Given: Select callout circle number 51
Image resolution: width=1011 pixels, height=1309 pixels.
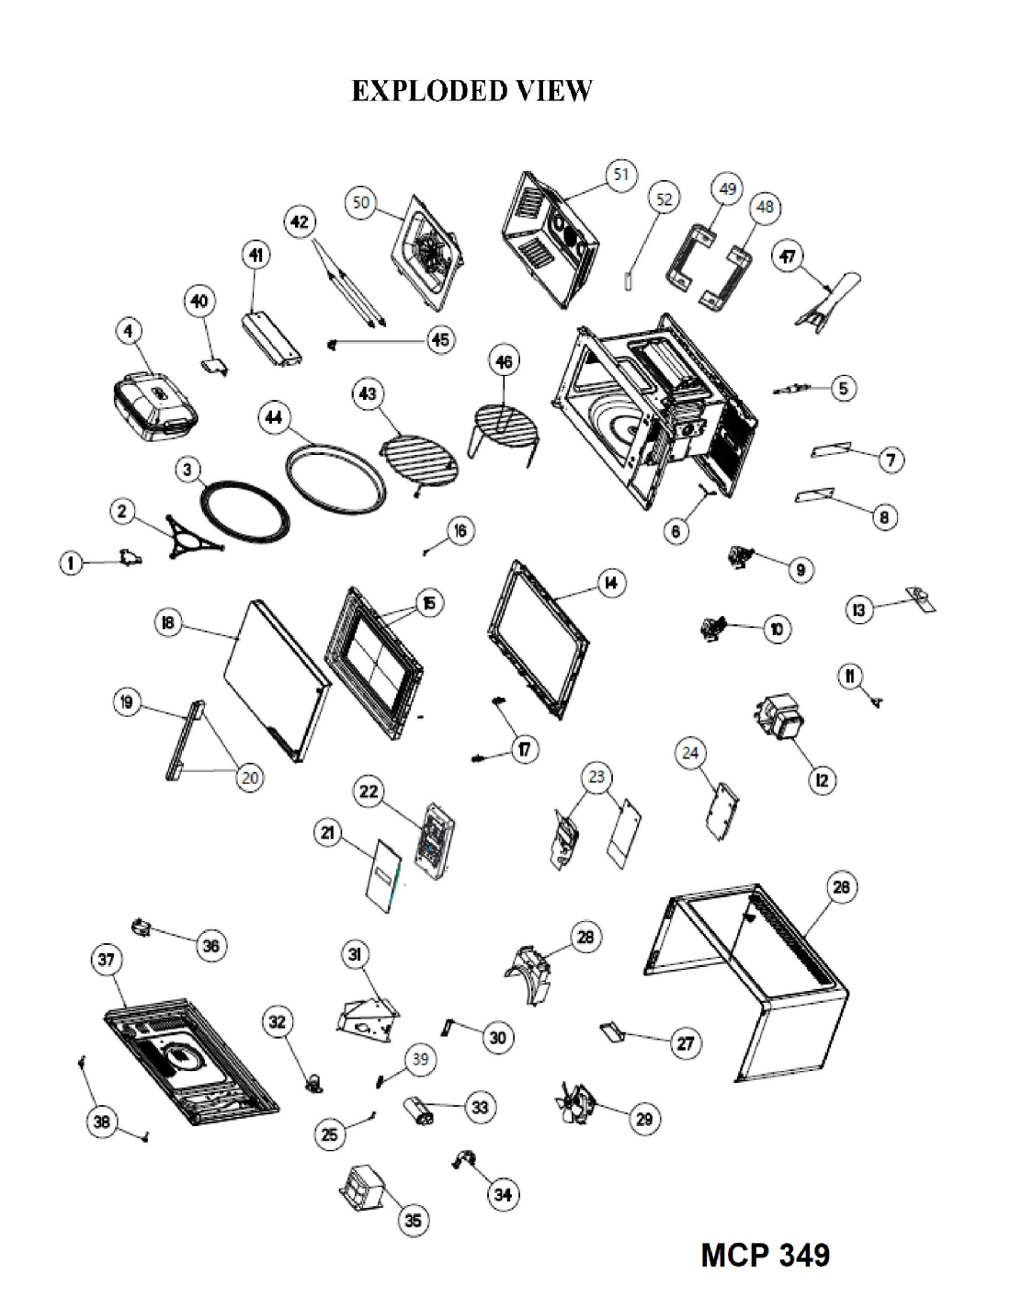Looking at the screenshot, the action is pos(620,176).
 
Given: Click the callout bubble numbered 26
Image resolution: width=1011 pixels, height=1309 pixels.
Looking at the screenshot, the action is pos(841,887).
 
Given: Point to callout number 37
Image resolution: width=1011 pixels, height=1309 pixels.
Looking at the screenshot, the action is pos(107,959).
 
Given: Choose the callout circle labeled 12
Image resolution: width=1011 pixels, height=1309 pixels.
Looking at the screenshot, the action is pos(822,780).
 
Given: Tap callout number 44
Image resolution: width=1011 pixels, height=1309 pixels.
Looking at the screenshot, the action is pos(274,417).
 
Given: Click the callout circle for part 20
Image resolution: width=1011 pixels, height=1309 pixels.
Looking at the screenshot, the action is pos(250,778).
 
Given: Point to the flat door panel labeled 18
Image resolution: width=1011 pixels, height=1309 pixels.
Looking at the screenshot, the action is pos(276,679).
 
